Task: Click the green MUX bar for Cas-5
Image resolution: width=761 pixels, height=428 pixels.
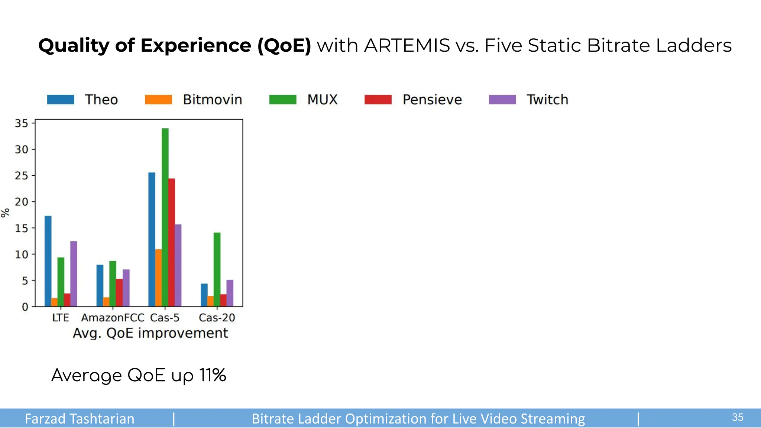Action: tap(165, 217)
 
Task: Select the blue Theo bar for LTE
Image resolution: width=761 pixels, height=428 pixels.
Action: tap(48, 261)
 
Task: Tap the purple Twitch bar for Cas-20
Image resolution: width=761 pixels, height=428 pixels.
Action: tap(230, 293)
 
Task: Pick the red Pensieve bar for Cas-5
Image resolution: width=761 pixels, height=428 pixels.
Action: tap(171, 242)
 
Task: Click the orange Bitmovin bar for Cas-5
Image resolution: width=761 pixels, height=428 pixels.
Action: tap(158, 278)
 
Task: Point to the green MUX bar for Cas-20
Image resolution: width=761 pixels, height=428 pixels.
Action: tap(217, 269)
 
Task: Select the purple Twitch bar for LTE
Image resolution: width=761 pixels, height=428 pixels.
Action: tap(74, 274)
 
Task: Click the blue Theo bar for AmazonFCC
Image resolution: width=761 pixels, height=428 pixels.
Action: tap(100, 285)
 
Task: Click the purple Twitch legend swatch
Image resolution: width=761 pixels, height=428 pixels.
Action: tap(502, 100)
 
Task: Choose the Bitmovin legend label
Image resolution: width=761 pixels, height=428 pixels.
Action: tap(212, 100)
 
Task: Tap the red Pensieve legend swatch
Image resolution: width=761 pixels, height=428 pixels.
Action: tap(378, 100)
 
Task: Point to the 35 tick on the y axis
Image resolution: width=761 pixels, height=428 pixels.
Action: tap(22, 123)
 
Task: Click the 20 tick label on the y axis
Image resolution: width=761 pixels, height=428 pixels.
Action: tap(22, 202)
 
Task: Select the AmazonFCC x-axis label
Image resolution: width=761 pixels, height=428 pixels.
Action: tap(113, 318)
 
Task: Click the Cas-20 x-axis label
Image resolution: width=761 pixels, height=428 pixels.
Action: tap(217, 318)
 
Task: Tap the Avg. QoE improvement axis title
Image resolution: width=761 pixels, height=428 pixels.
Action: tap(150, 333)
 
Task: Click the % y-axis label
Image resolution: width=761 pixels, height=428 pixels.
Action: tap(5, 213)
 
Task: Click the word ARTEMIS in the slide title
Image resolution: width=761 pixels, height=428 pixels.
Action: tap(407, 46)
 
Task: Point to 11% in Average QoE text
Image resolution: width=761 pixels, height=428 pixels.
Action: tap(213, 375)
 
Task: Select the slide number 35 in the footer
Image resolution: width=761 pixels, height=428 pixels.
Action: tap(737, 418)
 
